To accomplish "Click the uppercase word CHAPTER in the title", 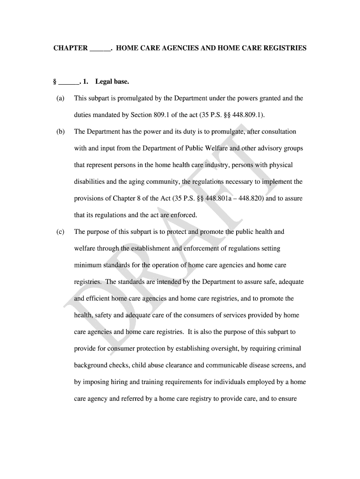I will coord(70,48).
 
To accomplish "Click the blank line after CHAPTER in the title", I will coord(100,50).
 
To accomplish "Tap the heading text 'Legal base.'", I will coord(112,82).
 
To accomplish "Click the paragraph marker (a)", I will coord(60,98).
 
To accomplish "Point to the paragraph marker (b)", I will coord(60,132).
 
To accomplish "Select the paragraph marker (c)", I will coord(60,232).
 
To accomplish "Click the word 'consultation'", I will coord(279,132).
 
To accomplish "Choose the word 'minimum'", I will coord(87,265).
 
